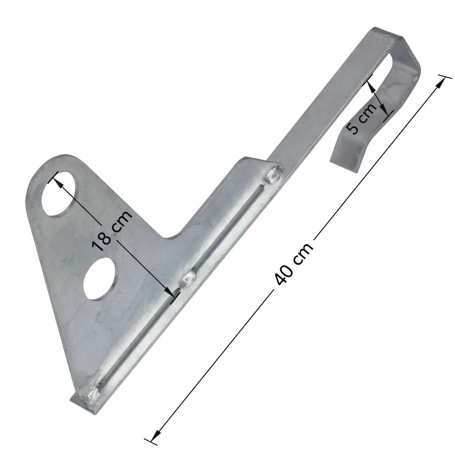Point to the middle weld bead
[x=189, y=277]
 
